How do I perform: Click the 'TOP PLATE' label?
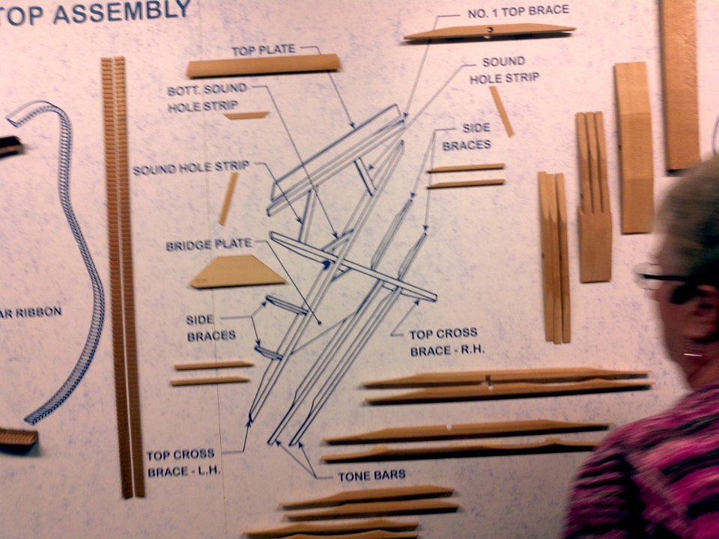263,50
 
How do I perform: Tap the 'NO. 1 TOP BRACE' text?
518,12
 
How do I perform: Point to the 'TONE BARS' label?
372,476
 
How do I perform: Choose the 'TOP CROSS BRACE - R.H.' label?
446,342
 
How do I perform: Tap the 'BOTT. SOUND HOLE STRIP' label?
207,97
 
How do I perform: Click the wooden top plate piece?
264,66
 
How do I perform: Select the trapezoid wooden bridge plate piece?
237,271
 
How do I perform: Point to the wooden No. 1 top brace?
489,31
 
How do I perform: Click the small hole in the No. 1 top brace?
490,30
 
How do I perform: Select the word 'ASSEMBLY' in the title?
122,12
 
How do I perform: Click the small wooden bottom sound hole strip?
246,115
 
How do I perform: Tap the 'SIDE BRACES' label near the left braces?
211,327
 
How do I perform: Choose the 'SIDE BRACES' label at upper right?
467,136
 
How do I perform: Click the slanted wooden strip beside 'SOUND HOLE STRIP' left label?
228,198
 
